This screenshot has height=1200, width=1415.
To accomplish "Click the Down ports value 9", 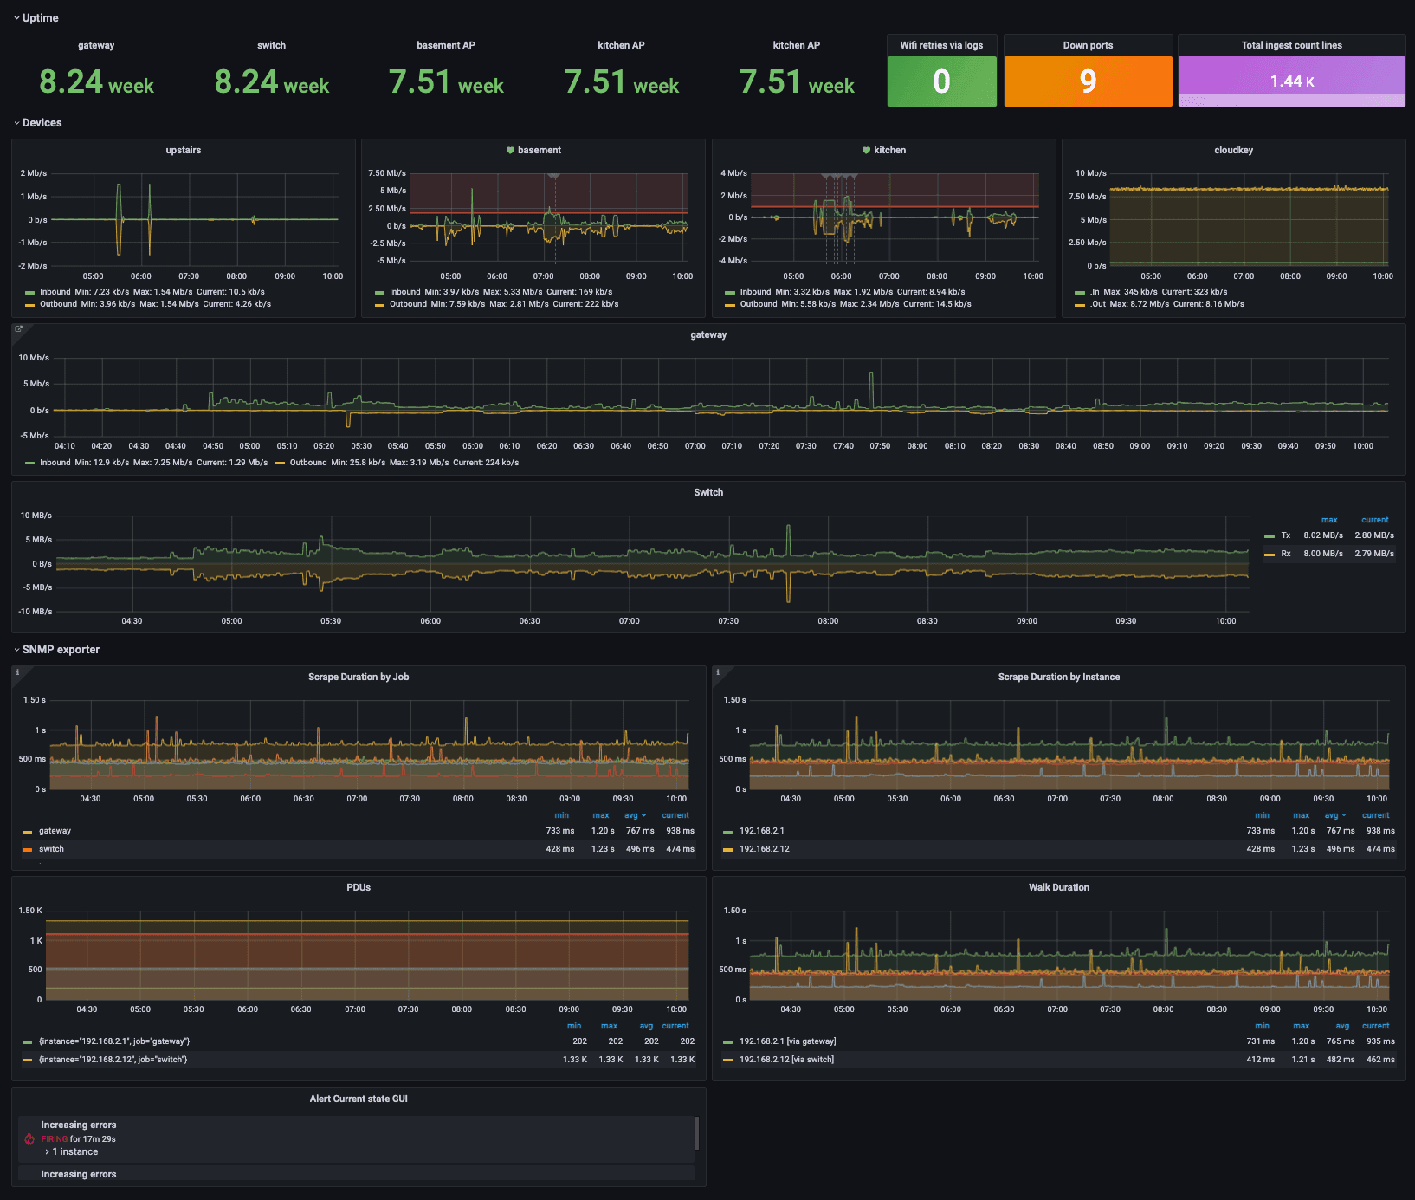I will [x=1088, y=81].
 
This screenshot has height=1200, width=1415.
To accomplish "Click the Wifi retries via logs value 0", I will [x=941, y=81].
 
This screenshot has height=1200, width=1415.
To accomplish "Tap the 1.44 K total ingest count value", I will [x=1291, y=81].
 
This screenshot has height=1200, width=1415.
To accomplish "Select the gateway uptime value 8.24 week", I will [x=96, y=82].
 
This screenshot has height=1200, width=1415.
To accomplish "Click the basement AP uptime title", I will [x=446, y=45].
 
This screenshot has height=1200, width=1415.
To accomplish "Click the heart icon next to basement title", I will [x=511, y=151].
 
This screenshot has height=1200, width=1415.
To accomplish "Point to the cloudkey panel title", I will [x=1233, y=150].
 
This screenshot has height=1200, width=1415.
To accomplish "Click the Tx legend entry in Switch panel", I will [x=1285, y=535].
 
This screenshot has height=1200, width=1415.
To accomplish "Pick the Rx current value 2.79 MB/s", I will [x=1374, y=554].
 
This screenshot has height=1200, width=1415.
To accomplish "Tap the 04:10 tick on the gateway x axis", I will [x=65, y=446].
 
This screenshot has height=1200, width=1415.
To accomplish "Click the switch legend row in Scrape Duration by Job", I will [x=51, y=849].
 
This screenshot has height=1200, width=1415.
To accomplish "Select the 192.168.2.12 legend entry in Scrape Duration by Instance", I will [x=764, y=849].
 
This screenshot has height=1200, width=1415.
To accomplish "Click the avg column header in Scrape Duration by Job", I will [x=632, y=815].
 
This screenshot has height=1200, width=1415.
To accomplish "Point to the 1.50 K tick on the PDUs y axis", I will [x=30, y=911].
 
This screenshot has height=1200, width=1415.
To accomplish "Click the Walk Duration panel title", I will [x=1058, y=887].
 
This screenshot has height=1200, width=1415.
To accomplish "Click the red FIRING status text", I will [x=54, y=1139].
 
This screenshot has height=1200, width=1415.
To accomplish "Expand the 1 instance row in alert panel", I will [x=74, y=1152].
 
